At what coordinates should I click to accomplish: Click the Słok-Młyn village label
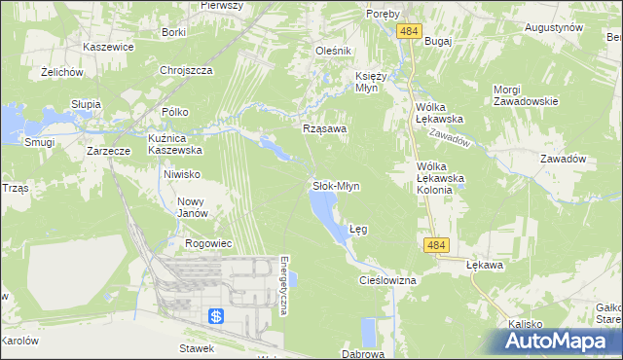tap(336, 185)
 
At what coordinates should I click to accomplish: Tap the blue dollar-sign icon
tap(216, 316)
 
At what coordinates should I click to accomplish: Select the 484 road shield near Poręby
tap(409, 32)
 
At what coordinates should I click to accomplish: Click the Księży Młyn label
tap(372, 82)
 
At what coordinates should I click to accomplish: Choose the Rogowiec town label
tap(206, 243)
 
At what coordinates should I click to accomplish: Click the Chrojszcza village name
tap(187, 70)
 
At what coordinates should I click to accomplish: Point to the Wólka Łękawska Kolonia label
tap(435, 178)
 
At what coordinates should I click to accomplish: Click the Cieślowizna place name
tap(387, 280)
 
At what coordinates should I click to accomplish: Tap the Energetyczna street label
tap(283, 286)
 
